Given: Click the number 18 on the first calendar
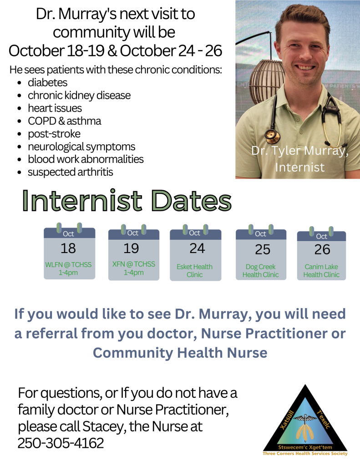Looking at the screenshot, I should point(69,248).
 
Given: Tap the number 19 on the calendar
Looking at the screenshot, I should point(131,248).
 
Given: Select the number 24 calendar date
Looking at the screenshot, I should point(197,248).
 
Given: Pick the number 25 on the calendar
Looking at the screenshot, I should point(263,249).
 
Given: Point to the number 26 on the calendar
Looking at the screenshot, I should point(322,250).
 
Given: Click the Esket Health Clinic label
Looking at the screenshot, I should point(195,270).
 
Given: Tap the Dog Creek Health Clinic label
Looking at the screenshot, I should point(261,270).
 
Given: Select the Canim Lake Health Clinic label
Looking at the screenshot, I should point(321,270).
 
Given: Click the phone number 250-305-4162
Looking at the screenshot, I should point(61,443).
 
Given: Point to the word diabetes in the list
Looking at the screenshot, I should point(47,83).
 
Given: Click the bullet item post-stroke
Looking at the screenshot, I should point(54,134).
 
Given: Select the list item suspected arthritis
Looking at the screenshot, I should point(70,172).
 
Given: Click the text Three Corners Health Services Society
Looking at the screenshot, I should point(305,454).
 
